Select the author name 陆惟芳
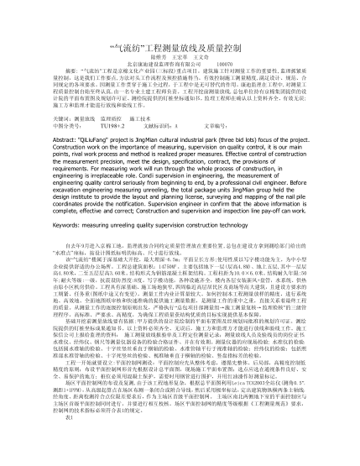148,32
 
